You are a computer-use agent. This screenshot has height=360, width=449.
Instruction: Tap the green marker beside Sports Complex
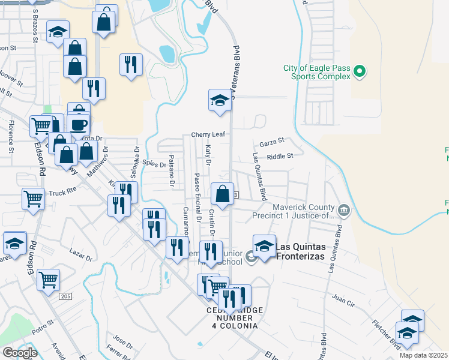pyautogui.click(x=360, y=73)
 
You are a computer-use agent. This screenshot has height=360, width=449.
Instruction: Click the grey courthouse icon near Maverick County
pyautogui.click(x=343, y=210)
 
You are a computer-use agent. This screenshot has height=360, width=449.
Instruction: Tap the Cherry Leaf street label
pyautogui.click(x=208, y=134)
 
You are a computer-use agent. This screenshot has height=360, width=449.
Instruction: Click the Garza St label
pyautogui.click(x=271, y=144)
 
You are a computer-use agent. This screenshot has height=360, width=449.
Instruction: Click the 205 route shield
pyautogui.click(x=66, y=296)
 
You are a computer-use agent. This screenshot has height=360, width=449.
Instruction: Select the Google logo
pyautogui.click(x=20, y=352)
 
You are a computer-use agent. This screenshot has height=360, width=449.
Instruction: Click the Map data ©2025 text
pyautogui.click(x=424, y=355)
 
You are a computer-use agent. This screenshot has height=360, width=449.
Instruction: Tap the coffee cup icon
pyautogui.click(x=79, y=125)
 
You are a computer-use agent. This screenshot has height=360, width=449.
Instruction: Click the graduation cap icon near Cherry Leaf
pyautogui.click(x=220, y=100)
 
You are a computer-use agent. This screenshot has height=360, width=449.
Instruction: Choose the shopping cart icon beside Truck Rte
pyautogui.click(x=33, y=199)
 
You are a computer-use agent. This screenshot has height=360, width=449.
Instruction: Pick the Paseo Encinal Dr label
pyautogui.click(x=197, y=198)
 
